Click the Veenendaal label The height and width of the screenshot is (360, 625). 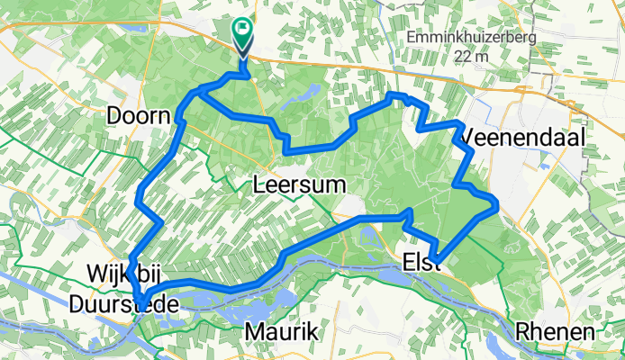[524, 137]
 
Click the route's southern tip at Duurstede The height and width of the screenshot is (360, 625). [140, 302]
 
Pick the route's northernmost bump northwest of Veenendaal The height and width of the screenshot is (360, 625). [394, 94]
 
